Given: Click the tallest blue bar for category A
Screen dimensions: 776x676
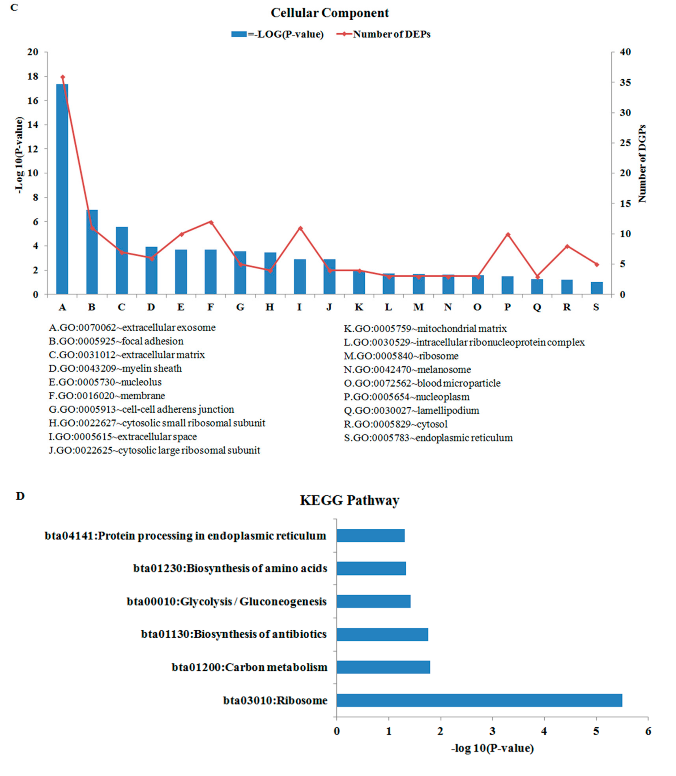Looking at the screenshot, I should [62, 189].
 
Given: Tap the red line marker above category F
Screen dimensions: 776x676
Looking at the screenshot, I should [211, 222].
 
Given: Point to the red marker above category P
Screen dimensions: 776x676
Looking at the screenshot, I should [508, 234].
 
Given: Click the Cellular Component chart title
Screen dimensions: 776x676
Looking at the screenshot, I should [329, 13].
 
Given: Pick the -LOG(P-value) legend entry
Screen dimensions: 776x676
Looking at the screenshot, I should [278, 34].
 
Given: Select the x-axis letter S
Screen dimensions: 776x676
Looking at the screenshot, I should [596, 307].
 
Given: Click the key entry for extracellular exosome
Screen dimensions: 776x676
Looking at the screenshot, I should [132, 328].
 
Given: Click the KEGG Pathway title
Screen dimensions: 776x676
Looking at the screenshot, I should [349, 500].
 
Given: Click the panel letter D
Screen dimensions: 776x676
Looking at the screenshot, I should [20, 496].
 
